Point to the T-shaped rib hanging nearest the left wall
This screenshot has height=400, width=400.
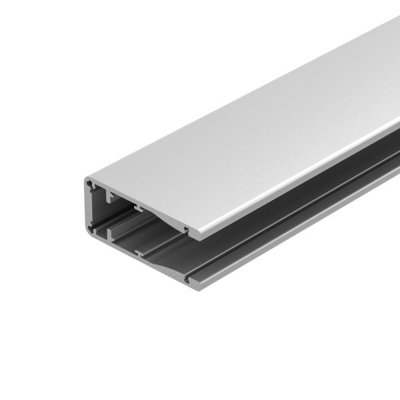(107, 197)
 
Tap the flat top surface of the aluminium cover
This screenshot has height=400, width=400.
(253, 120)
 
